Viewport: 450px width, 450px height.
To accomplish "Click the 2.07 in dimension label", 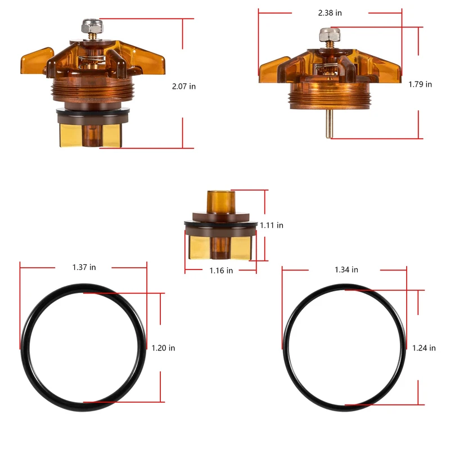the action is [x=184, y=87].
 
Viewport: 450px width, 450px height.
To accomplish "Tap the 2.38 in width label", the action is [x=330, y=13].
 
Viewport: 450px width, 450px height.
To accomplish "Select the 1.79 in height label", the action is [x=420, y=84].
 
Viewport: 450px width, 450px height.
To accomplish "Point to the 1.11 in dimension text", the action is [x=272, y=226].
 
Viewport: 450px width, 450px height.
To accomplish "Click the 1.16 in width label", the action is [x=221, y=271].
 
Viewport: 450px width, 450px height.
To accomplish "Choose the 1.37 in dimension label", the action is [x=84, y=267].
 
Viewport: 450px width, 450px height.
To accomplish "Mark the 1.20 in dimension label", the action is [x=163, y=348].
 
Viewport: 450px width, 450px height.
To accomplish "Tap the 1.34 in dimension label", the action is [x=346, y=270].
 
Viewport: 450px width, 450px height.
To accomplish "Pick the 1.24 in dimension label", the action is [x=424, y=348].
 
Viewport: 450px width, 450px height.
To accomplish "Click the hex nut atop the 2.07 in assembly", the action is [x=92, y=26].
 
